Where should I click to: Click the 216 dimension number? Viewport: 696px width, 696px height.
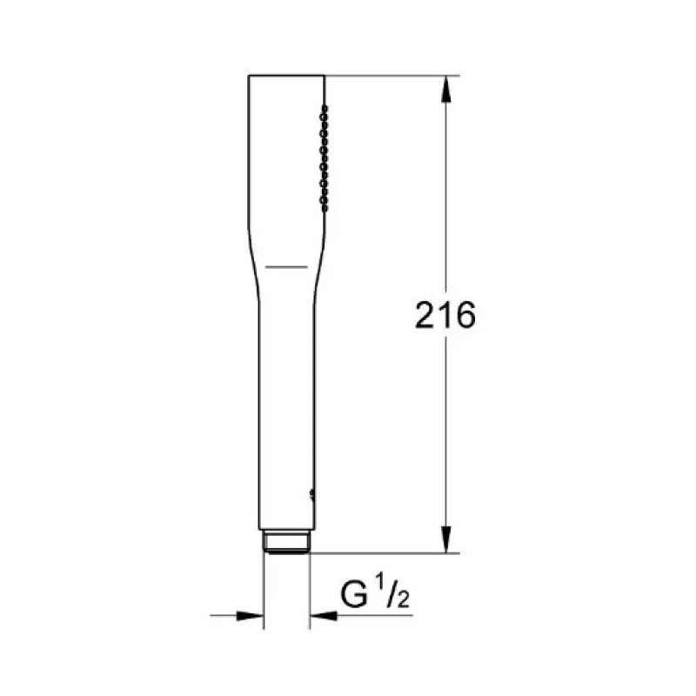(445, 315)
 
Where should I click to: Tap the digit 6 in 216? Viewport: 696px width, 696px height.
(465, 315)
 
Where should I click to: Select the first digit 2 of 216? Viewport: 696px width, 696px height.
(425, 315)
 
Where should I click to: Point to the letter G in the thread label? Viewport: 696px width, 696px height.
(354, 594)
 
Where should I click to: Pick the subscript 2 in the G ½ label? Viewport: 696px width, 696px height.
(403, 599)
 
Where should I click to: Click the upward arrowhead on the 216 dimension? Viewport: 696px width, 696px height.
(446, 90)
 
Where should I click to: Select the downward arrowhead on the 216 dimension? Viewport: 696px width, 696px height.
(446, 539)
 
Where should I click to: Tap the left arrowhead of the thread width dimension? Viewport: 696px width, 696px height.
(250, 616)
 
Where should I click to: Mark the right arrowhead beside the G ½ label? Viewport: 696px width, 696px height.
(324, 616)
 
